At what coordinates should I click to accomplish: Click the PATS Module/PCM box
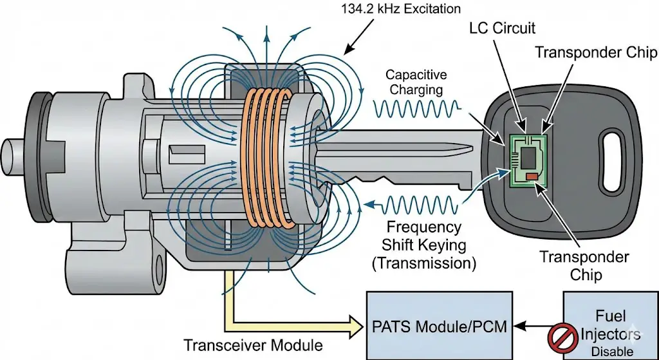click(x=440, y=326)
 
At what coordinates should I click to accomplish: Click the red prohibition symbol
click(x=561, y=336)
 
